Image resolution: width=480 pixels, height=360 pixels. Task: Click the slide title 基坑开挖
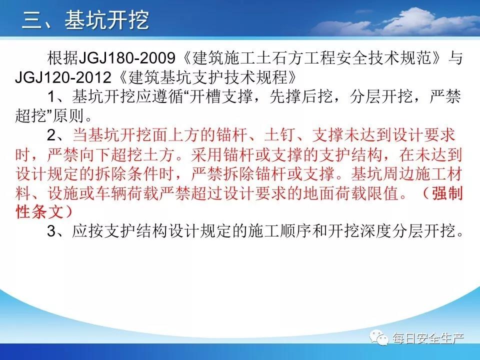click(x=107, y=20)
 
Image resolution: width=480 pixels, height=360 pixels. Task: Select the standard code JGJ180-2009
click(x=127, y=58)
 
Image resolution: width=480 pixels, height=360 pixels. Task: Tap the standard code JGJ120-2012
click(x=63, y=77)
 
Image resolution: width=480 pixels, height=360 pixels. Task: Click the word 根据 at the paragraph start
click(x=63, y=58)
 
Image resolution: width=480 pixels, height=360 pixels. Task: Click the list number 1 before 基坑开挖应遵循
click(x=51, y=96)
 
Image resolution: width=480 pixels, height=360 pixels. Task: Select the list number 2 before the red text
click(x=51, y=135)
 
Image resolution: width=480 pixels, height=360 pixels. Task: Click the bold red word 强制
click(x=447, y=193)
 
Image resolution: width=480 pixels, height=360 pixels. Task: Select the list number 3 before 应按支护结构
click(x=51, y=231)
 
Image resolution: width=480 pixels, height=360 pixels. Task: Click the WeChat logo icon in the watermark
click(x=379, y=337)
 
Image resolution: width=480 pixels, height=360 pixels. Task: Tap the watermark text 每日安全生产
click(x=428, y=338)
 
